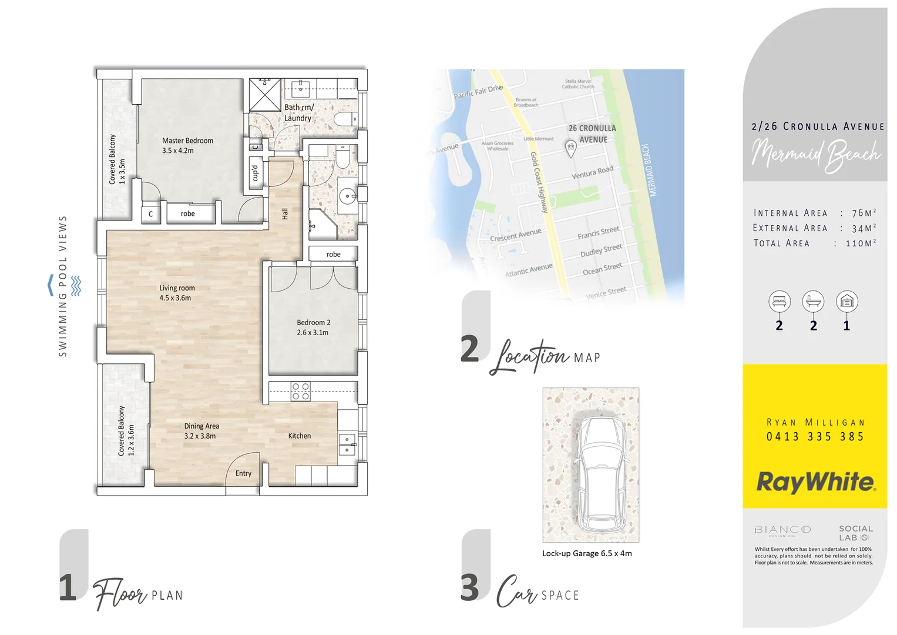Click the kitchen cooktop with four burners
click(301, 392)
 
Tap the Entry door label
click(243, 473)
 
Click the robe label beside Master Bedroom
click(187, 214)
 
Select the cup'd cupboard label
click(255, 173)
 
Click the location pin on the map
click(570, 148)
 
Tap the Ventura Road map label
click(592, 172)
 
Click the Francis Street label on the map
click(598, 233)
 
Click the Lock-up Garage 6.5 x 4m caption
click(587, 553)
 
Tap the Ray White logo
click(815, 482)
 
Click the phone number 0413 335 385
click(815, 437)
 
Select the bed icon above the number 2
click(779, 302)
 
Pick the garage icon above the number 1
click(846, 302)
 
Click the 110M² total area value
click(860, 243)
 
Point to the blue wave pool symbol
click(76, 286)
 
